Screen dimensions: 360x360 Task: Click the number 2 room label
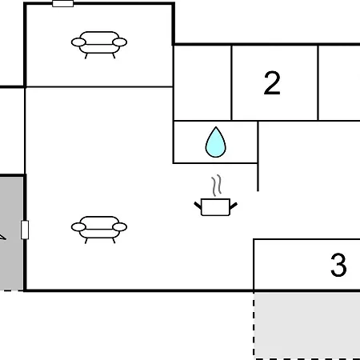click(272, 83)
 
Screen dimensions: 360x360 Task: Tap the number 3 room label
click(338, 265)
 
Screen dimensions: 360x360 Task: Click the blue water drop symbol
click(216, 142)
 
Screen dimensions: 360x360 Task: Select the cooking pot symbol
click(215, 207)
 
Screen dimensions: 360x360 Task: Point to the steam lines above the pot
click(217, 185)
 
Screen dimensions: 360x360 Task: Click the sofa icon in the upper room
click(99, 44)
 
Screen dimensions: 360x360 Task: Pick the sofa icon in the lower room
click(99, 230)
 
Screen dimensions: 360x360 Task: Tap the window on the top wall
click(62, 3)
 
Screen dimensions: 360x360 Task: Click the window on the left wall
click(25, 230)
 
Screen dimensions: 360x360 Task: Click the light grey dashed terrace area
click(306, 326)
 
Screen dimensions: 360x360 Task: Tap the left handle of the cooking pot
click(198, 206)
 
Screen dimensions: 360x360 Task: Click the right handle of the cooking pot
click(234, 206)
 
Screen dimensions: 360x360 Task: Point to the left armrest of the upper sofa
click(78, 42)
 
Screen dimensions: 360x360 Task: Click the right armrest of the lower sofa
click(120, 227)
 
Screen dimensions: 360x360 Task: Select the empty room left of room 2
click(202, 83)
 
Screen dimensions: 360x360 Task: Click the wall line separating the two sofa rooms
click(99, 86)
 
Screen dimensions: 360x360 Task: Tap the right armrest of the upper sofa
click(120, 42)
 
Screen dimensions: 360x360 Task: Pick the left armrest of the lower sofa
click(78, 227)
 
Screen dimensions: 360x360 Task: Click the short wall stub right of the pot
click(258, 177)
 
